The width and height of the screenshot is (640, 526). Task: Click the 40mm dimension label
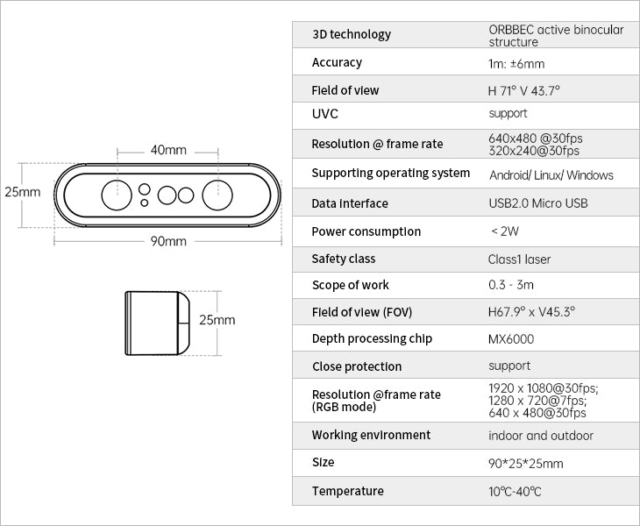[168, 150]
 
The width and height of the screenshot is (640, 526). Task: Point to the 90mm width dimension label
[168, 241]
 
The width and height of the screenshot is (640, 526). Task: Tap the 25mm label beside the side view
[217, 320]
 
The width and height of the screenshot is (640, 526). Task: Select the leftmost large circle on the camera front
[117, 195]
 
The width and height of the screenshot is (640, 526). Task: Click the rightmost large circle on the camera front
[217, 195]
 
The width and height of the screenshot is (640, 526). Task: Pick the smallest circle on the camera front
[144, 203]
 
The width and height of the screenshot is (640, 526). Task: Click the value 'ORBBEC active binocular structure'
[556, 35]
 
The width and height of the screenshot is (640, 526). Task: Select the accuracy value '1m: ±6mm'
[516, 64]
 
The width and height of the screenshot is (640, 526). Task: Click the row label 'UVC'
[325, 113]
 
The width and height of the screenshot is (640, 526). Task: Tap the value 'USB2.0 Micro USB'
[538, 203]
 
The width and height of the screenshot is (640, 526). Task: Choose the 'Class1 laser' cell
[519, 259]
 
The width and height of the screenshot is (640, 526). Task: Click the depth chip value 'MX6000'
[511, 338]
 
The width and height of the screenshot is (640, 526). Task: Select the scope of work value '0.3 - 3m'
[511, 284]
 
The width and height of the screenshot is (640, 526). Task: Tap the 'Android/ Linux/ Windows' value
[551, 175]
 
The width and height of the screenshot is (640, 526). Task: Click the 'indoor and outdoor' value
[541, 436]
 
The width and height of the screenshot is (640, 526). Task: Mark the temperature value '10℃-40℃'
[515, 491]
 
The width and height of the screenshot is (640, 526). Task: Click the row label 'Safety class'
[344, 259]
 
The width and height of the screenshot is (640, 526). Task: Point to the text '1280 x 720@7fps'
[537, 400]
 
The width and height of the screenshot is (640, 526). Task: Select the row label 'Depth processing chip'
[372, 338]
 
